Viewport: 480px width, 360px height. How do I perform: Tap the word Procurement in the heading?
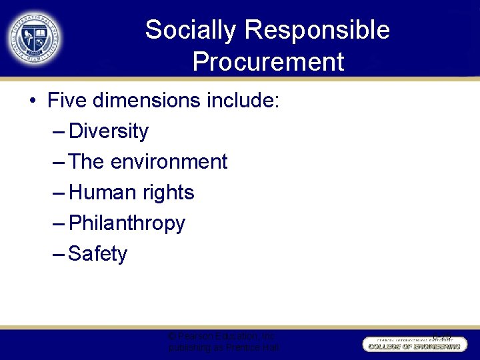pyautogui.click(x=268, y=62)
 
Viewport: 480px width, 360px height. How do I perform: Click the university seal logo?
pyautogui.click(x=35, y=38)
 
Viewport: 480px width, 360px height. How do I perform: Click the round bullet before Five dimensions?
pyautogui.click(x=33, y=101)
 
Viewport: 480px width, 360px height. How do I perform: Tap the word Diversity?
pyautogui.click(x=109, y=131)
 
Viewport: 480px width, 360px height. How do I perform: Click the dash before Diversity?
pyautogui.click(x=58, y=132)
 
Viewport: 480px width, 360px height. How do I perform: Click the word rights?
pyautogui.click(x=168, y=193)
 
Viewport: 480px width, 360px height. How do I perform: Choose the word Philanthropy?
pyautogui.click(x=127, y=223)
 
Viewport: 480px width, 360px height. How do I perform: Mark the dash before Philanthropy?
pyautogui.click(x=58, y=224)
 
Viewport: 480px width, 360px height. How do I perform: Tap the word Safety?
pyautogui.click(x=97, y=254)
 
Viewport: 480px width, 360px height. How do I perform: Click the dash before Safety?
pyautogui.click(x=58, y=255)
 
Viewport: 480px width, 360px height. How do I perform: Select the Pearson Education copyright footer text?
pyautogui.click(x=224, y=342)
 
